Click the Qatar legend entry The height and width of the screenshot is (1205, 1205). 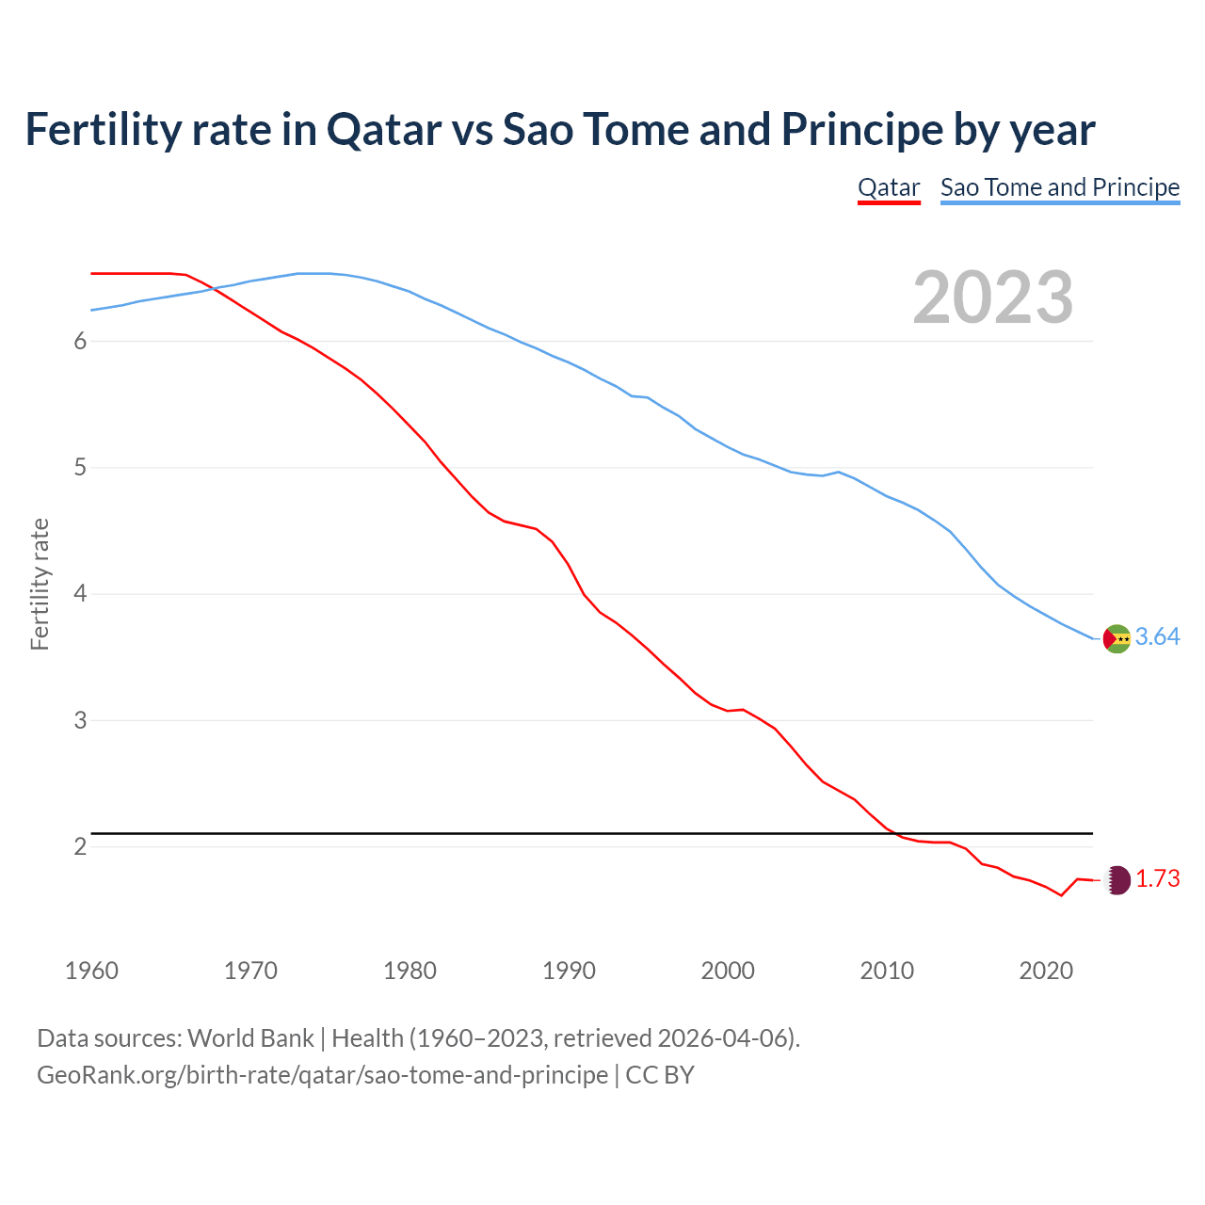pos(888,187)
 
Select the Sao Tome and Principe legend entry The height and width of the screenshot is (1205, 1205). pos(1059,187)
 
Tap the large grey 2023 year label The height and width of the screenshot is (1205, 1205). pos(992,297)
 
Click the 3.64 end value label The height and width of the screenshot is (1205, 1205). pos(1157,637)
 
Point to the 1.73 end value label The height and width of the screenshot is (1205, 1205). pos(1157,879)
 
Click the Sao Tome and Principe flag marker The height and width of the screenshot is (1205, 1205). pos(1116,638)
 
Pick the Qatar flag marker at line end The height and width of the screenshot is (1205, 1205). pos(1117,879)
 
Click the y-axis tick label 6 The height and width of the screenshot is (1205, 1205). pos(80,342)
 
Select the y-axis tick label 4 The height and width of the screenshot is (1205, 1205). pos(80,594)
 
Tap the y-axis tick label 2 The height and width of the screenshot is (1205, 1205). pos(80,847)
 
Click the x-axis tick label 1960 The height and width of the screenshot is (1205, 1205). pos(91,971)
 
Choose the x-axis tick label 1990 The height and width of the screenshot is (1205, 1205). pos(569,971)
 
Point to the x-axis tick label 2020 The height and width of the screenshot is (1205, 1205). pos(1046,971)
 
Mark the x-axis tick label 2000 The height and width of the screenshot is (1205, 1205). pos(728,971)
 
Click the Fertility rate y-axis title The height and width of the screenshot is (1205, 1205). pos(40,584)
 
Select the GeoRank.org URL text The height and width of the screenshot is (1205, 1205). pos(322,1075)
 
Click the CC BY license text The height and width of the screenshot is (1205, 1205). pos(660,1075)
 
